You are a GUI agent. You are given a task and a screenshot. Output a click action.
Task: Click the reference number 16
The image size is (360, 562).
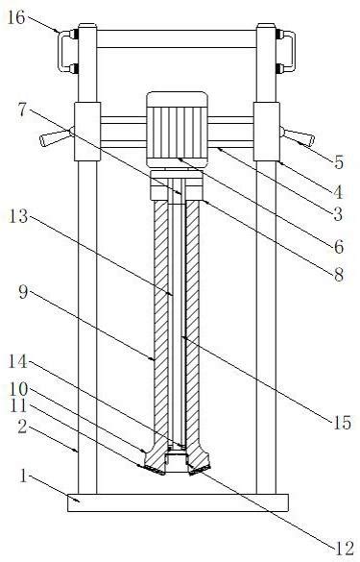click(16, 17)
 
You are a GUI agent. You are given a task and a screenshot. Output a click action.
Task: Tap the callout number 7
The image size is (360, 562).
click(23, 110)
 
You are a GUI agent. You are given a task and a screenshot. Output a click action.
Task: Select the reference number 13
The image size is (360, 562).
click(18, 216)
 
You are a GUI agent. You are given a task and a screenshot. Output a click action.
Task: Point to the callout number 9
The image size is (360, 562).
click(23, 292)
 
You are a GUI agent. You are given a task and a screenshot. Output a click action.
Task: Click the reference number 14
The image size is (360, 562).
click(18, 361)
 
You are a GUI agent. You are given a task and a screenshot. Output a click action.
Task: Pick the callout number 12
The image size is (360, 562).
click(345, 549)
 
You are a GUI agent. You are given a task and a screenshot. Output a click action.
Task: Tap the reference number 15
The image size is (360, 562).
click(342, 423)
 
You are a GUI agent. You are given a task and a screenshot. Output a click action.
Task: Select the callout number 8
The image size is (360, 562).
click(339, 276)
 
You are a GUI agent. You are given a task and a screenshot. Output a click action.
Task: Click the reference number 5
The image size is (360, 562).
click(339, 162)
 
